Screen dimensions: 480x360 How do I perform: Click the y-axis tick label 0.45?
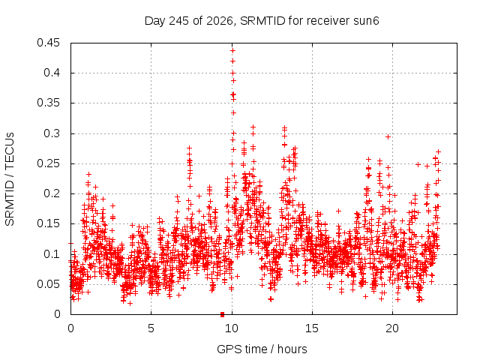pos(48,43)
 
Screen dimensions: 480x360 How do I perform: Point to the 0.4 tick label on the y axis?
pos(52,73)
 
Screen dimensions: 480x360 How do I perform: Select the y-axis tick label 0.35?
pos(48,103)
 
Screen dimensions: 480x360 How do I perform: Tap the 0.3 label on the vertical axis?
pos(52,133)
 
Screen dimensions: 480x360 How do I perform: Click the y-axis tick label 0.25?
pos(48,163)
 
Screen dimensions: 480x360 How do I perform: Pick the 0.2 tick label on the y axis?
pos(52,193)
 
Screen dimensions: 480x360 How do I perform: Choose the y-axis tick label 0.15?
pos(48,223)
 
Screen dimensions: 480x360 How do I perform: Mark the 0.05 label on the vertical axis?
pos(48,284)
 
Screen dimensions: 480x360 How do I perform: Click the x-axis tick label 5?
pos(151,328)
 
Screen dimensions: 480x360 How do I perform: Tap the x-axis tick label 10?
pos(232,328)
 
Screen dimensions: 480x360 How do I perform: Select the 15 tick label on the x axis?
pos(312,328)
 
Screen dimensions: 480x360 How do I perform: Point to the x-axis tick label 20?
pos(392,328)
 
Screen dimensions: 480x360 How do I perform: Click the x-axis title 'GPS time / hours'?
pos(262,349)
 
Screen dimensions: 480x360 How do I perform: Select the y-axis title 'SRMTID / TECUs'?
pos(10,179)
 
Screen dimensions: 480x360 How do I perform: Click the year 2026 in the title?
pos(220,21)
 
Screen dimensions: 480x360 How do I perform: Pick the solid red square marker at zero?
pos(223,314)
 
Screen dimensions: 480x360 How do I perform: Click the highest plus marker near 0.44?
pos(232,50)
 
